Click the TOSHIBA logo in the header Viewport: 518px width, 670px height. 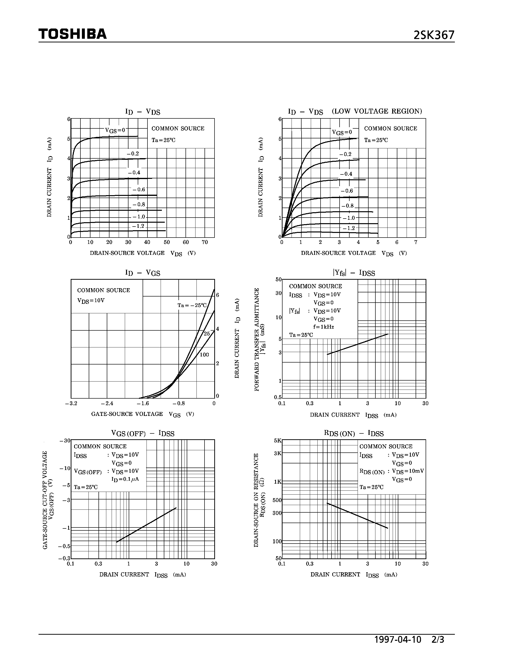click(72, 34)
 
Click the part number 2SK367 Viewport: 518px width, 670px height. click(434, 35)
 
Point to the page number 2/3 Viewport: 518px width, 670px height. click(438, 639)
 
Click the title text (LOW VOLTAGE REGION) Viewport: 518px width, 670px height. click(377, 111)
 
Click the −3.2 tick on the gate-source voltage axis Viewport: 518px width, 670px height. click(71, 403)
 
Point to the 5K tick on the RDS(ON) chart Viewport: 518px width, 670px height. click(277, 440)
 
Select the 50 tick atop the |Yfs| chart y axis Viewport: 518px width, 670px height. click(278, 279)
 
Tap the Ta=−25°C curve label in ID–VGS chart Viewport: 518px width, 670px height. click(192, 305)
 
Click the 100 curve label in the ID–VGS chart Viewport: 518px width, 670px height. click(204, 355)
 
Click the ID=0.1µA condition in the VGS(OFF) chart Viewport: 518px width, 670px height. click(125, 479)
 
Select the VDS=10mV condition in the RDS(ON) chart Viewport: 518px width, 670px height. click(408, 471)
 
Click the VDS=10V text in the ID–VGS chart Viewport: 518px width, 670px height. click(91, 301)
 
